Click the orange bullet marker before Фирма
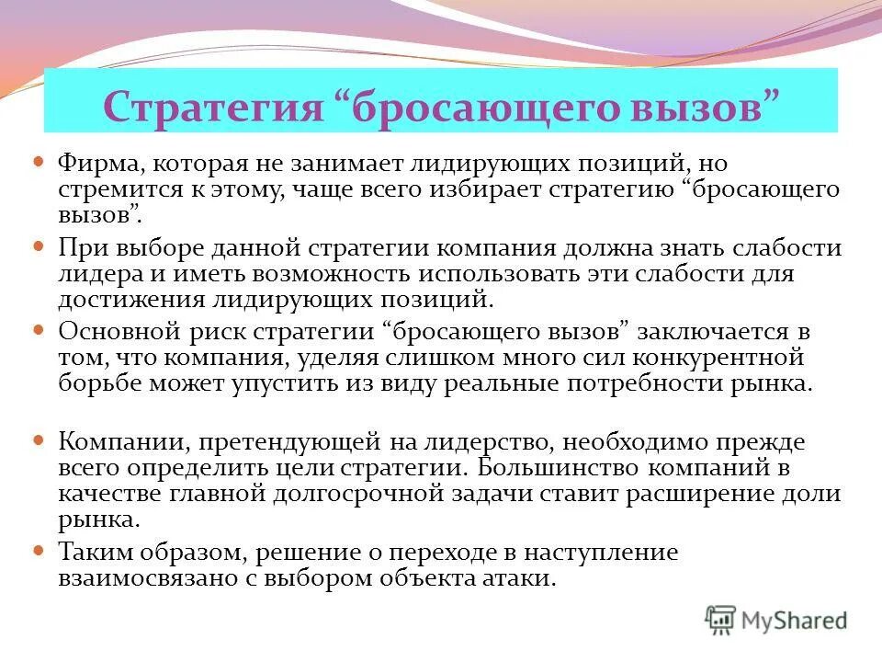39,161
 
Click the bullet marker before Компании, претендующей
39,440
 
